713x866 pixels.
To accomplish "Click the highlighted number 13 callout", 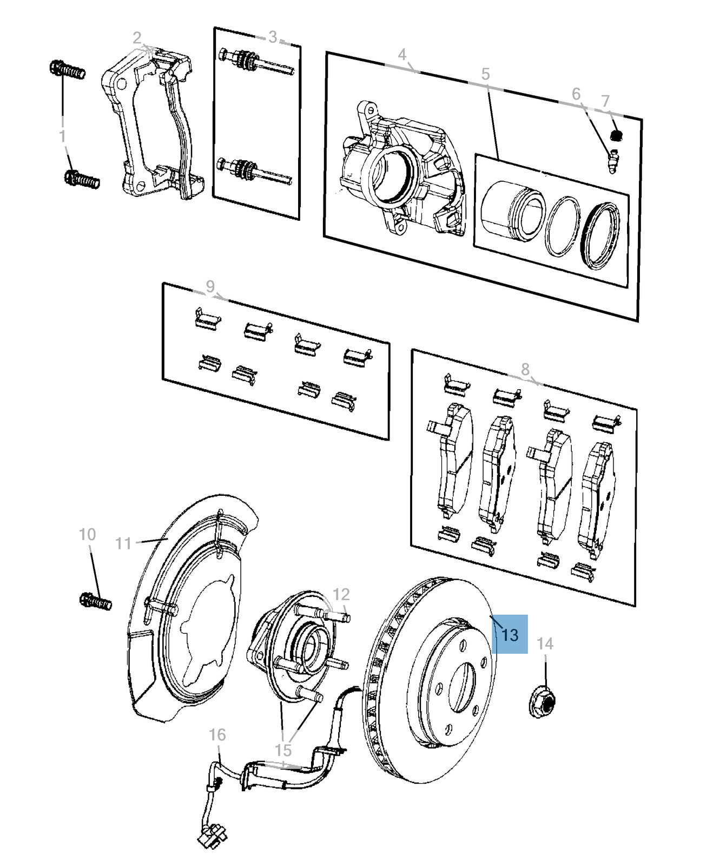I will (x=510, y=634).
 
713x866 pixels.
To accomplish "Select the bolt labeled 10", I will (x=95, y=601).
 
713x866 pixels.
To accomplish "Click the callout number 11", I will (x=124, y=542).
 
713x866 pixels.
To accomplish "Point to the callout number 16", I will (x=217, y=734).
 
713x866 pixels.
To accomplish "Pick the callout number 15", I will (x=283, y=750).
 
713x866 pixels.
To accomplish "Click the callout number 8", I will (x=525, y=369).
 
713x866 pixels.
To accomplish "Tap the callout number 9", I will (x=210, y=286).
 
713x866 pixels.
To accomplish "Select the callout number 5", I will (x=485, y=74).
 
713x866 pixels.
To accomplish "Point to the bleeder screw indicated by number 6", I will (x=612, y=161).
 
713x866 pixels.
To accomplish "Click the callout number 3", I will (x=273, y=37).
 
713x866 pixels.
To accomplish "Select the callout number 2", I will (x=137, y=37).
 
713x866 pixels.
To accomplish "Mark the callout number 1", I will (x=62, y=135).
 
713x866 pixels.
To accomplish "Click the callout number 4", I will (x=402, y=54).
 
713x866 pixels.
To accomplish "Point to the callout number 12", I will (x=341, y=594).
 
